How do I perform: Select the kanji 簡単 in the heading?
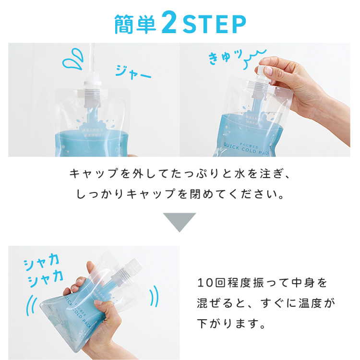(x=136, y=24)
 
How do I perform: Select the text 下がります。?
(x=231, y=324)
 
